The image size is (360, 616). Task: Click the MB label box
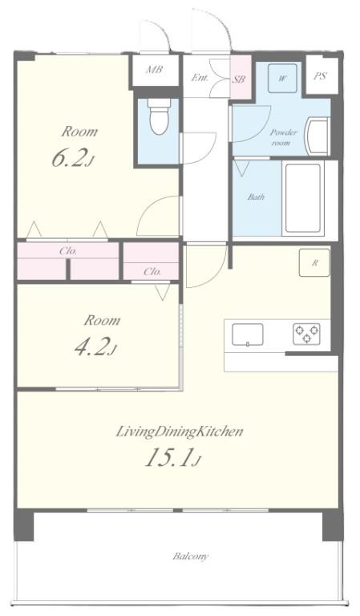(154, 70)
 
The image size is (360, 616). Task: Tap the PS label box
(320, 77)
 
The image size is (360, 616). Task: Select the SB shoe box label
(239, 79)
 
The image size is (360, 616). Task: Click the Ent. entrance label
(200, 77)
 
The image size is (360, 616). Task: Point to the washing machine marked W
(282, 79)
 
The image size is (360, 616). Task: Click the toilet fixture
(158, 121)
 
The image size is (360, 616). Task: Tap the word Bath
(256, 197)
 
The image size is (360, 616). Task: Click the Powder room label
(283, 137)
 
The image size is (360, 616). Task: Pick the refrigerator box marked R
(314, 263)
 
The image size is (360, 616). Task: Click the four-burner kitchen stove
(305, 333)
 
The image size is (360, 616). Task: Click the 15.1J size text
(172, 459)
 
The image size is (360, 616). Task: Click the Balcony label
(190, 556)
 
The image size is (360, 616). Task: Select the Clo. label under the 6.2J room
(68, 251)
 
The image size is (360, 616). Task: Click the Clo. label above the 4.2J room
(152, 271)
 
